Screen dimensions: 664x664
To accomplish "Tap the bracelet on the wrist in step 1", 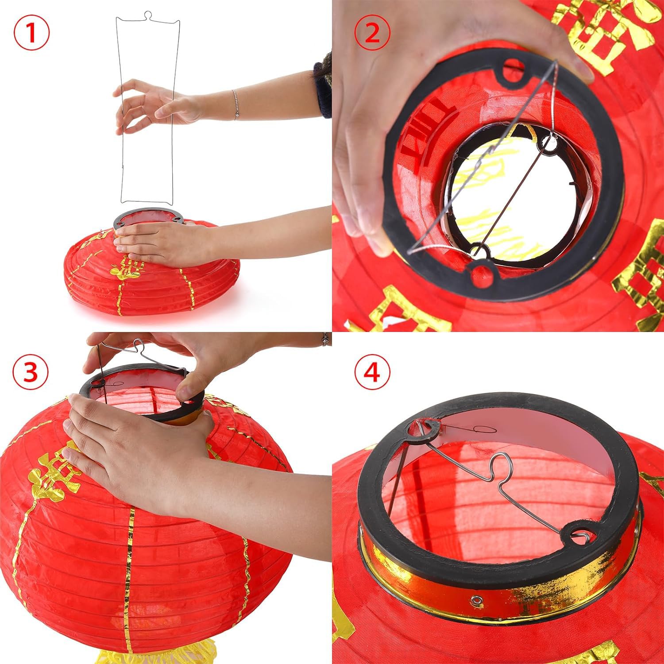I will click(235, 104).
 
